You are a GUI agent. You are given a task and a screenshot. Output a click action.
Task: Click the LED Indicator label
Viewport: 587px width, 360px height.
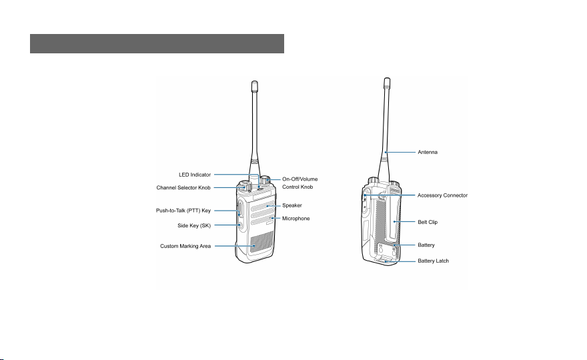pos(195,175)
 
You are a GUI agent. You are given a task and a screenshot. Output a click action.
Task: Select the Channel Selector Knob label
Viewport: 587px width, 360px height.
pos(183,188)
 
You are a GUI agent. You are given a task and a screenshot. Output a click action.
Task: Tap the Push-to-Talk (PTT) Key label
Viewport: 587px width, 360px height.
pos(183,211)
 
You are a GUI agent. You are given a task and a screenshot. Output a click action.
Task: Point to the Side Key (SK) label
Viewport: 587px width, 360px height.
pos(194,225)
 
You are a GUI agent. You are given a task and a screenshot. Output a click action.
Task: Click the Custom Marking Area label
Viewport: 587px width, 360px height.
pos(185,246)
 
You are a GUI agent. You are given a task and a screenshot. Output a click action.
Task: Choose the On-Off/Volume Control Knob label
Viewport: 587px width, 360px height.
pos(300,183)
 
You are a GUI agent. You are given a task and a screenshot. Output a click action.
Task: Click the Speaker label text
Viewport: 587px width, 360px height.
pos(292,205)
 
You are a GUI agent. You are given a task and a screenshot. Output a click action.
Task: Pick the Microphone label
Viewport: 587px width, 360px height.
pos(296,219)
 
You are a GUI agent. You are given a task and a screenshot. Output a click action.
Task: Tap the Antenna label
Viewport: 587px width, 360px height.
pos(428,152)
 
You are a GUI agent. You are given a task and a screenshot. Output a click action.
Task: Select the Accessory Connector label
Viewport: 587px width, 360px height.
pos(442,195)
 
